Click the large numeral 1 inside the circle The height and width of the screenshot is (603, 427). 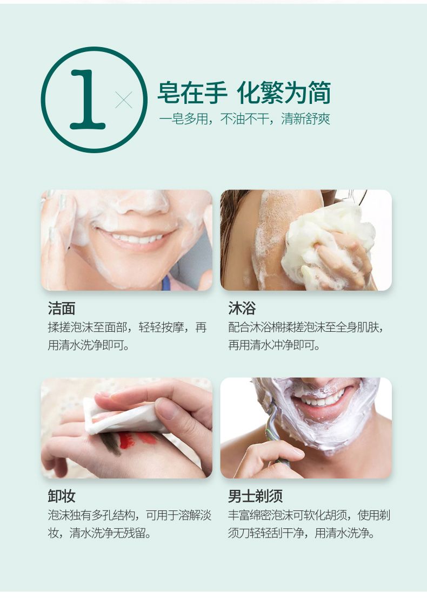click(x=88, y=100)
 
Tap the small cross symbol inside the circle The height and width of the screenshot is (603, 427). click(x=124, y=100)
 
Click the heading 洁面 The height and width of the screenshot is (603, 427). click(x=62, y=309)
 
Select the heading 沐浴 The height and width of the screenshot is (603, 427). click(x=242, y=309)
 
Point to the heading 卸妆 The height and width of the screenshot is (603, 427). click(x=62, y=496)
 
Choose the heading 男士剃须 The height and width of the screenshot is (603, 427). click(x=255, y=496)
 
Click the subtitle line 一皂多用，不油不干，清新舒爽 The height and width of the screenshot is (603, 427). click(x=245, y=119)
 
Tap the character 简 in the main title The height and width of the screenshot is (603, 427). click(x=319, y=93)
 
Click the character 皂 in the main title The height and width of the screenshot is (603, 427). click(x=169, y=93)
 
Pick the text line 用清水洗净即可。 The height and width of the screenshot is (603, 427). click(x=89, y=345)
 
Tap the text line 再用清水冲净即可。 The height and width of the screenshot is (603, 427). click(x=275, y=345)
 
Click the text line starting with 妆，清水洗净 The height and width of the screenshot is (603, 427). click(x=99, y=533)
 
